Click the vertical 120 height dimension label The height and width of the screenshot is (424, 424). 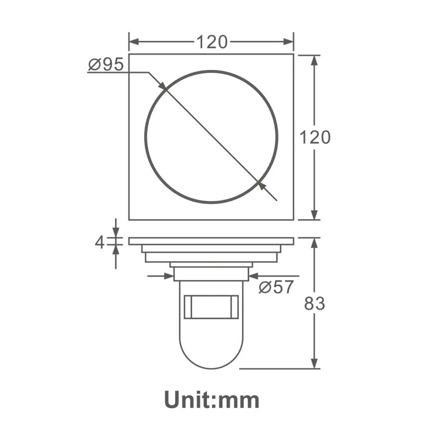tap(315, 137)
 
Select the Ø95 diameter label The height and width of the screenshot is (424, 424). tap(106, 65)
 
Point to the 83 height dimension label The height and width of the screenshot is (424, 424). tap(315, 304)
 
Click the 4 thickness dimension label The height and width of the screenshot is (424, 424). tap(100, 242)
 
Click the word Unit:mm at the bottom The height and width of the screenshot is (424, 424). tap(212, 400)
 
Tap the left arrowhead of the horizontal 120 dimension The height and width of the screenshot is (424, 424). tap(134, 42)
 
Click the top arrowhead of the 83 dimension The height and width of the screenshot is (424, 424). tap(315, 243)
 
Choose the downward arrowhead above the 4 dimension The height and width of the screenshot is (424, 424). tap(116, 234)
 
